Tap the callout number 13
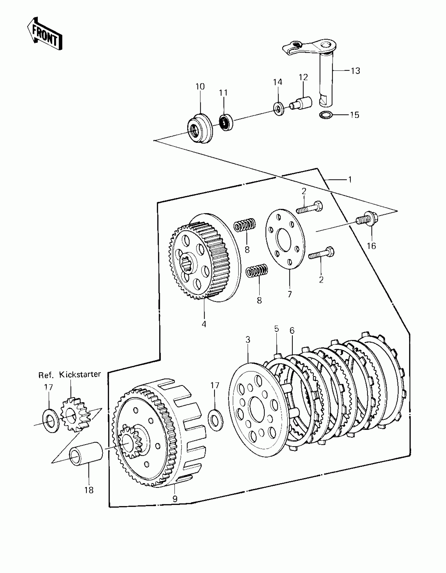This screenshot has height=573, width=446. tap(355, 71)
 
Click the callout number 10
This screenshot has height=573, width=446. tap(200, 86)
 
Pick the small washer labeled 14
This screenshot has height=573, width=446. tap(278, 109)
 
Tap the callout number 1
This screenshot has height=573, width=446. tap(350, 180)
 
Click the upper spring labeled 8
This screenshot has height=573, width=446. tap(245, 225)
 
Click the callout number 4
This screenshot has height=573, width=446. tap(204, 324)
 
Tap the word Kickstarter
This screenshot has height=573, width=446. tap(80, 374)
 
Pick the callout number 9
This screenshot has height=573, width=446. tap(175, 499)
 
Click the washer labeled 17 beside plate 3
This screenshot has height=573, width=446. tap(215, 420)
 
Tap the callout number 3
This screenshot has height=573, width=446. tap(248, 340)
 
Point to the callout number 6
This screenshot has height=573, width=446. tap(292, 331)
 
